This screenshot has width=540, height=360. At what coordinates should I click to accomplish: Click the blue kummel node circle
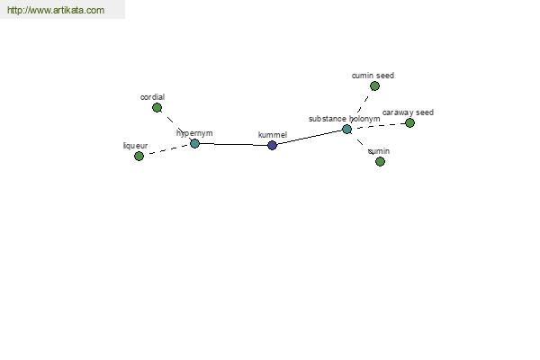coord(272,146)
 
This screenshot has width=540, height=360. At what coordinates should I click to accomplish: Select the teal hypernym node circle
coord(194,143)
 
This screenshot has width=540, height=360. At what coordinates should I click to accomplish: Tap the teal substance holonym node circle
coord(346,130)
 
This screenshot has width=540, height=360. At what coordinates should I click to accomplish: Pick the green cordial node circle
coord(157,108)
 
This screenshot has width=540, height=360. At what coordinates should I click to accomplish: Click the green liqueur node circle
coord(139,156)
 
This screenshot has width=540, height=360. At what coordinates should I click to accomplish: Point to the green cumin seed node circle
coord(374,85)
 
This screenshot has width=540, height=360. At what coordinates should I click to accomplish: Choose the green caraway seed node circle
coord(409,122)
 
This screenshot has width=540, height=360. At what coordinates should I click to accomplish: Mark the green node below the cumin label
coord(380,161)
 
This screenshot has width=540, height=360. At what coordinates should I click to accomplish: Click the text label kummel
coord(273,135)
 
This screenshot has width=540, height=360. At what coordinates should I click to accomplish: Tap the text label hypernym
coord(194,133)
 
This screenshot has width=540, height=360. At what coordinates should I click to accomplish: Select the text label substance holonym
coord(345,119)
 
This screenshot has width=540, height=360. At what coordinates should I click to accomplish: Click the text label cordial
coord(153,97)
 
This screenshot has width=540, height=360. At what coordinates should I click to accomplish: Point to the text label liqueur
coord(135,146)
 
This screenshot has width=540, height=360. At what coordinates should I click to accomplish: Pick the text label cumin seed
coord(373,76)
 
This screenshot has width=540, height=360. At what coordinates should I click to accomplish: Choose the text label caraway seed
coord(408,112)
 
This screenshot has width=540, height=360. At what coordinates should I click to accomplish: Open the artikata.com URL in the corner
coord(56,10)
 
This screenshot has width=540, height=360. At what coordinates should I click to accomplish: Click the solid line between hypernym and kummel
coord(233,144)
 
